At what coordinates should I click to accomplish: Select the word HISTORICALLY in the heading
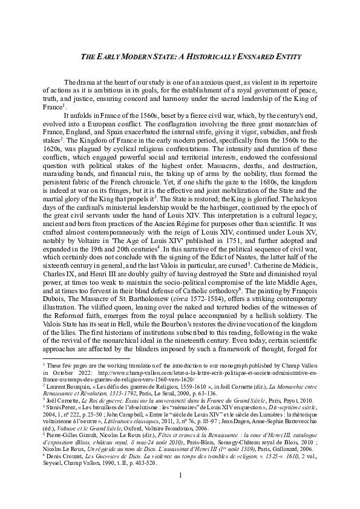[203, 56]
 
